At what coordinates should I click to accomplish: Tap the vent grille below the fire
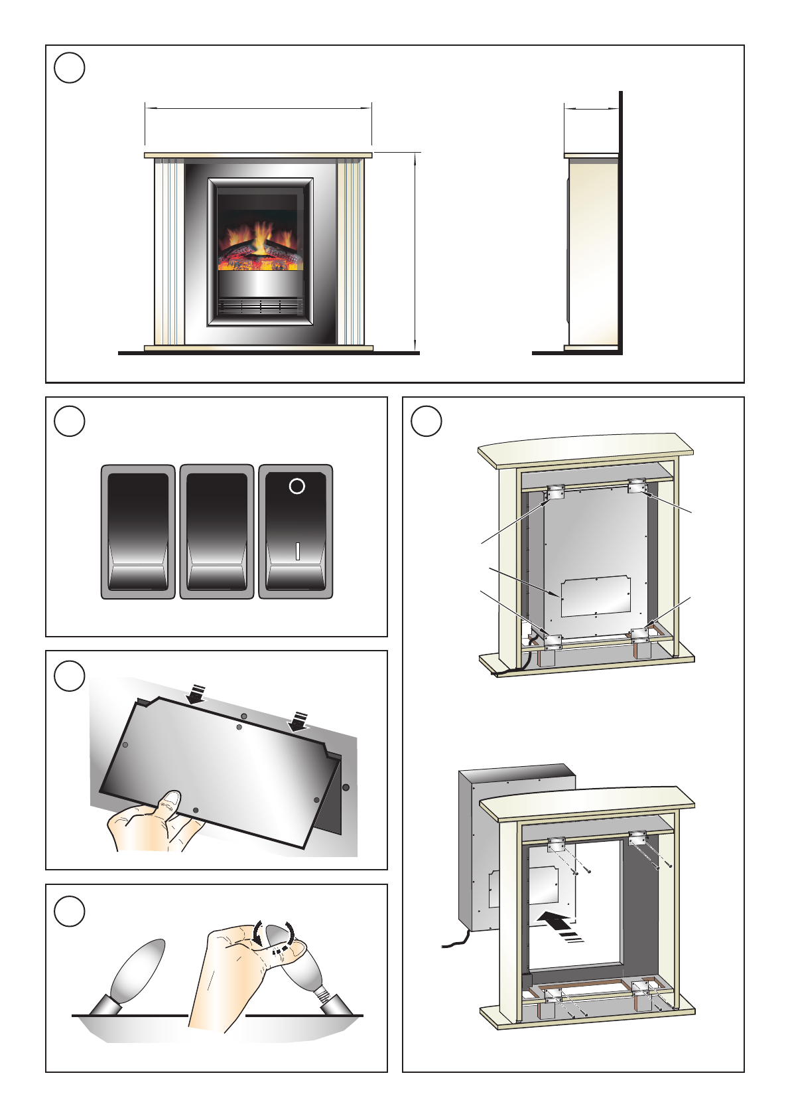[x=260, y=306]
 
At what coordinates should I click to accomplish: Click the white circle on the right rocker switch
[x=297, y=486]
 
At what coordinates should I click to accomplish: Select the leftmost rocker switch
[x=138, y=531]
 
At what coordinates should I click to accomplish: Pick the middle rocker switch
[x=217, y=531]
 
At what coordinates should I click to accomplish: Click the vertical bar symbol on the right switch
[x=297, y=551]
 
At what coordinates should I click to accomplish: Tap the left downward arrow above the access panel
[x=196, y=694]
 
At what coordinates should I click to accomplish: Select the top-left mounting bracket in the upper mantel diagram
[x=555, y=492]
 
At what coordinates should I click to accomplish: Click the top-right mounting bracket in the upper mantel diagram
[x=637, y=486]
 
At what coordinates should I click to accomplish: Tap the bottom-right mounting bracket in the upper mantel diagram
[x=640, y=634]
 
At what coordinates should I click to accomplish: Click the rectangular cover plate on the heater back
[x=595, y=596]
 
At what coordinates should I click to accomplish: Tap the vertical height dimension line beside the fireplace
[x=416, y=251]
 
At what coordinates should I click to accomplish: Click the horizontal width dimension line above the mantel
[x=258, y=108]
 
